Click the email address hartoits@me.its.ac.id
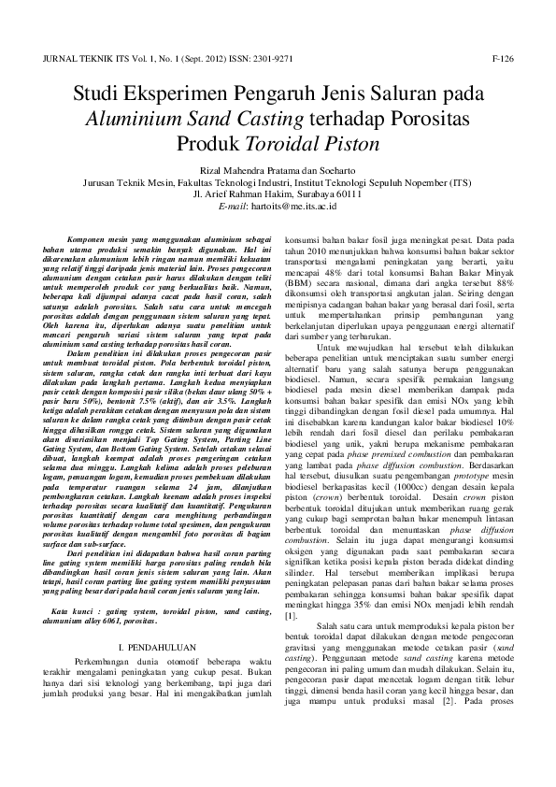click(x=288, y=204)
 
